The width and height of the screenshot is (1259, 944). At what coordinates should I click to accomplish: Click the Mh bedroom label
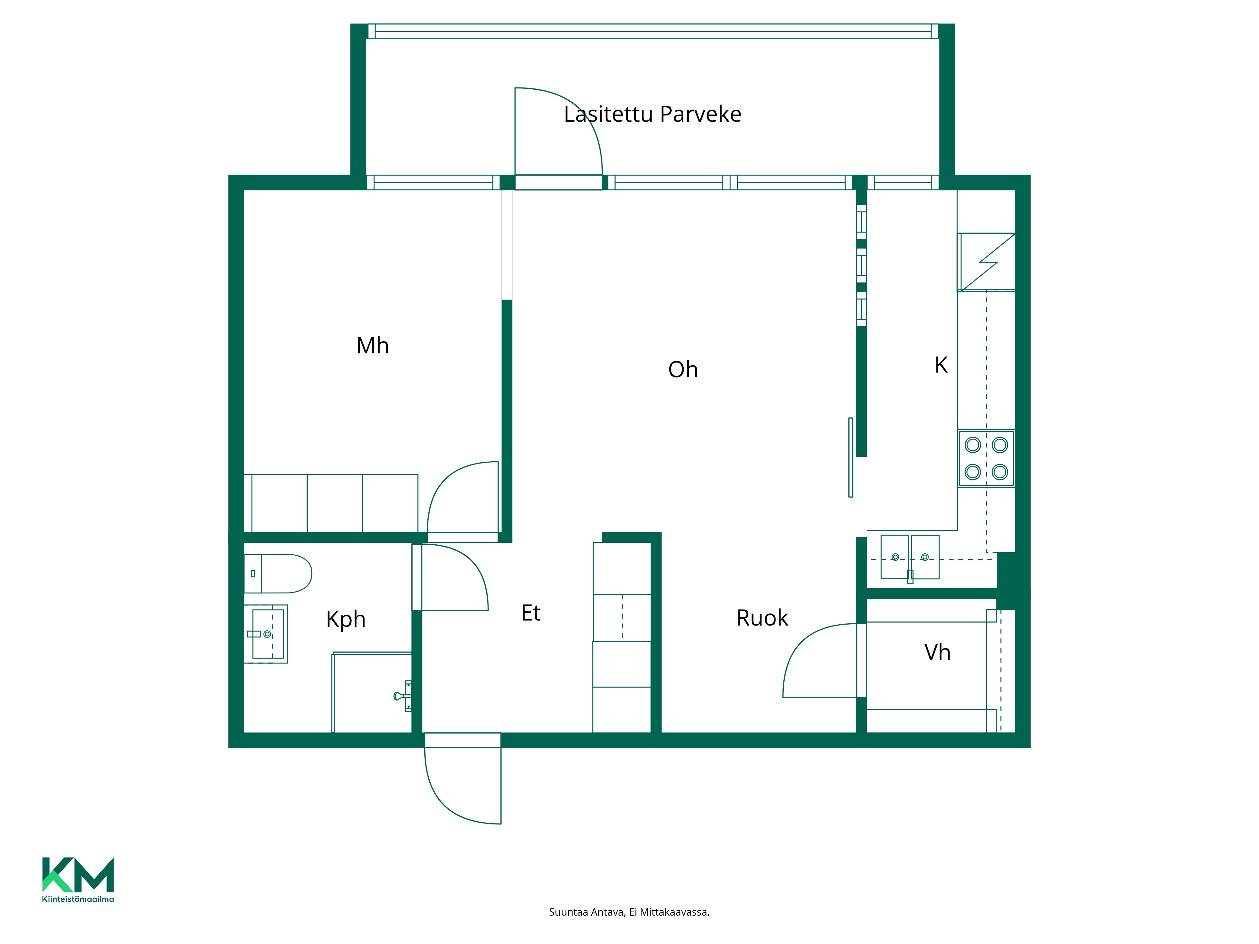click(x=372, y=346)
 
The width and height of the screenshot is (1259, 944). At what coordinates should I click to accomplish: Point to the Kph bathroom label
click(x=346, y=619)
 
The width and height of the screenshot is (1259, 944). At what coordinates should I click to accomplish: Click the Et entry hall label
click(x=530, y=613)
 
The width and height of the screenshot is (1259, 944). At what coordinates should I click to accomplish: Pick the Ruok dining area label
click(x=762, y=618)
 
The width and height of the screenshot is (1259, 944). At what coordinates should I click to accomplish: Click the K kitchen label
click(x=941, y=365)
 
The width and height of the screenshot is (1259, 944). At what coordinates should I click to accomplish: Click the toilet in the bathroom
click(x=278, y=574)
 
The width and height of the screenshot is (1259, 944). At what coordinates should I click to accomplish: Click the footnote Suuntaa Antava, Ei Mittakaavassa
click(x=629, y=912)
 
